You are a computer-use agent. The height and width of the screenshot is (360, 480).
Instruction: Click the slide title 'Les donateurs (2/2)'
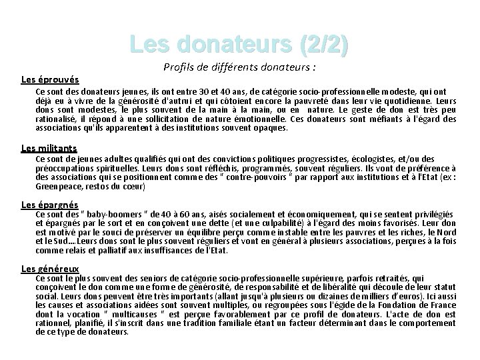[239, 45]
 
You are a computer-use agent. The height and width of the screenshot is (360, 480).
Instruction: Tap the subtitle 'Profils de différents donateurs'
[239, 67]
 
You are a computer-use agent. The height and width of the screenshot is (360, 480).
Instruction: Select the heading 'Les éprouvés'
[50, 79]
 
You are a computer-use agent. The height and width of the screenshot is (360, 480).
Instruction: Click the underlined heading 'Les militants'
[49, 147]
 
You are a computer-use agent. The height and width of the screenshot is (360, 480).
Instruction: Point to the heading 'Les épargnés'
[50, 204]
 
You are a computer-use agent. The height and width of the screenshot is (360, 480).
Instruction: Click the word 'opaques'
[269, 127]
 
